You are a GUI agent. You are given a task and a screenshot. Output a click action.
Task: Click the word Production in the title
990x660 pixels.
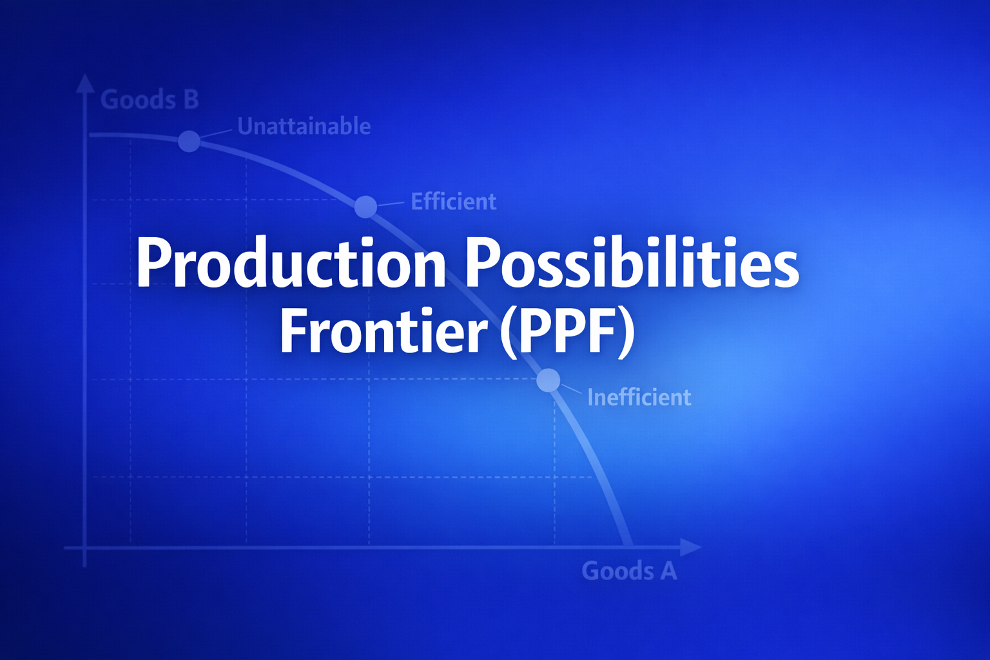(x=291, y=262)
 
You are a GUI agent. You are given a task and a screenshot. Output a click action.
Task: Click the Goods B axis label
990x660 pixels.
(x=150, y=99)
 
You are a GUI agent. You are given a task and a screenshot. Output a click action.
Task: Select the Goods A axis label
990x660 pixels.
(x=629, y=570)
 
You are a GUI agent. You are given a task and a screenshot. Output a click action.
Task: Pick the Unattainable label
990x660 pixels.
(x=304, y=126)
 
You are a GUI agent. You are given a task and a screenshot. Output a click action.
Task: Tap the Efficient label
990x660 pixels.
(x=454, y=202)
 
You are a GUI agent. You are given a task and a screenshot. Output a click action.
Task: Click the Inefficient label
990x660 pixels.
(x=639, y=398)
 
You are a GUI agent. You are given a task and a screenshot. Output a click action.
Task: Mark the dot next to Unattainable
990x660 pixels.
(x=189, y=141)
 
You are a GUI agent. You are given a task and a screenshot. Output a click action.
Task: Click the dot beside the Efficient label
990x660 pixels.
(x=366, y=206)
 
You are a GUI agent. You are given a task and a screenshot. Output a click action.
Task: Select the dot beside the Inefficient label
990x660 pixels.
(x=548, y=380)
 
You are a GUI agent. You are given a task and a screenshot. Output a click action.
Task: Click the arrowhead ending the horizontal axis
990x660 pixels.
(x=691, y=547)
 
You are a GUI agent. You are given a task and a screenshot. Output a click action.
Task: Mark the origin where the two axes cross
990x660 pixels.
(x=84, y=548)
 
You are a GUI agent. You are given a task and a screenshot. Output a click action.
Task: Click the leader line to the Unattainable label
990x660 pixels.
(x=217, y=135)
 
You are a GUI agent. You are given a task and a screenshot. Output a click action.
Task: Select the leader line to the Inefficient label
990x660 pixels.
(x=571, y=389)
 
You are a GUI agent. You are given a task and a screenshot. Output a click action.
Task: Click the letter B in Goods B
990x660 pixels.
(x=191, y=99)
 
